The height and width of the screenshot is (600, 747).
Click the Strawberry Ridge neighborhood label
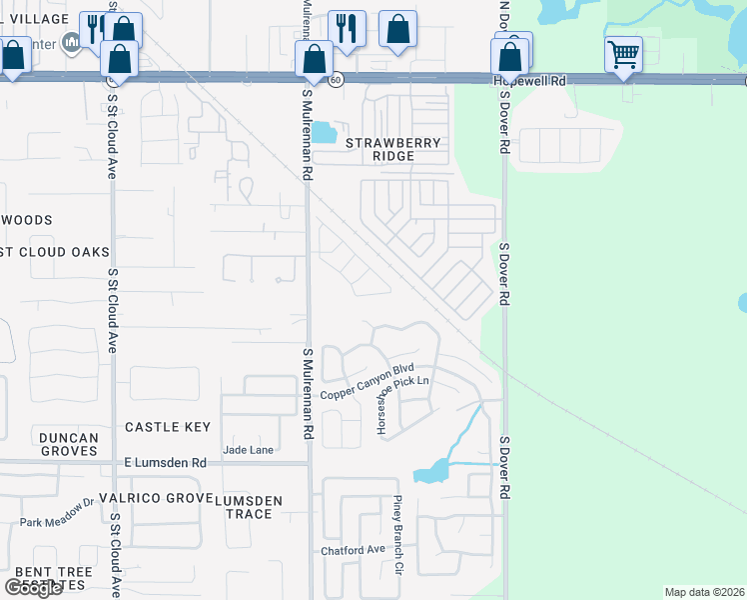pos(393,150)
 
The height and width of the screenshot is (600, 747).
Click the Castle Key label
pos(168,427)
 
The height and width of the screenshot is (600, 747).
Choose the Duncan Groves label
pos(69,444)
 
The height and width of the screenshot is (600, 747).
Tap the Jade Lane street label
pos(248,450)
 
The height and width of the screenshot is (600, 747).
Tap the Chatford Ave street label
pos(353,550)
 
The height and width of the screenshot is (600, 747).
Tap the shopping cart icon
pos(623,53)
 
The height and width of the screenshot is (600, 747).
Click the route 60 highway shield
pos(337,79)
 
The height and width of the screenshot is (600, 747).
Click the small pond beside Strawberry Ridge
pos(324,132)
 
